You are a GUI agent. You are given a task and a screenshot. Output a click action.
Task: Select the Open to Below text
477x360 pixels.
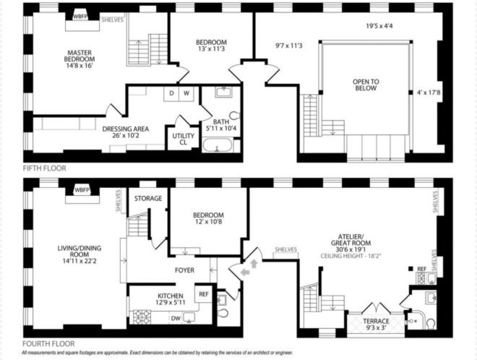[366, 85]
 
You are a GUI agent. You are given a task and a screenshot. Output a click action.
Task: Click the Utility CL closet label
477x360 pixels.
[183, 139]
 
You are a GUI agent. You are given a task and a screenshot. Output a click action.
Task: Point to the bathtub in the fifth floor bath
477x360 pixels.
[218, 145]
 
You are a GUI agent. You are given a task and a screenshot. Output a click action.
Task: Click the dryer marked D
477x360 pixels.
[171, 94]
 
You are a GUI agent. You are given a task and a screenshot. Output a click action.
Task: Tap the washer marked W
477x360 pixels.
[186, 94]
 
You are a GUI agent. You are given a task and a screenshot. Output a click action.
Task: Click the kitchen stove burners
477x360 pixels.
[142, 317]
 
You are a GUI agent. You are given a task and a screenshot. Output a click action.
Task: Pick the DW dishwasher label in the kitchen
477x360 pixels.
[176, 318]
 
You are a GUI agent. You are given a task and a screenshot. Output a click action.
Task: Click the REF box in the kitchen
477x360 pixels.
[204, 294]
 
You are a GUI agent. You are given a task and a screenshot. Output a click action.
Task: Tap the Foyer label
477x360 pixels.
[184, 270]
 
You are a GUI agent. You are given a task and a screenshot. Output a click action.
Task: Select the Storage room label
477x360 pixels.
[148, 198]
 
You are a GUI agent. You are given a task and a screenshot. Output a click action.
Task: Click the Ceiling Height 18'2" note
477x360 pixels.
[351, 256]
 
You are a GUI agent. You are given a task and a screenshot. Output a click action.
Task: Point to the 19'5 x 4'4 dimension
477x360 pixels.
[379, 26]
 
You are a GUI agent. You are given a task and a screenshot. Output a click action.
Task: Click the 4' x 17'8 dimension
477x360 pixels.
[429, 92]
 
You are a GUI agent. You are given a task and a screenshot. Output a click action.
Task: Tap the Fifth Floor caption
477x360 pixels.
[44, 168]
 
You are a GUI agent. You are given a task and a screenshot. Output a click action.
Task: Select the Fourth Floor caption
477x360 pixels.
[48, 344]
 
